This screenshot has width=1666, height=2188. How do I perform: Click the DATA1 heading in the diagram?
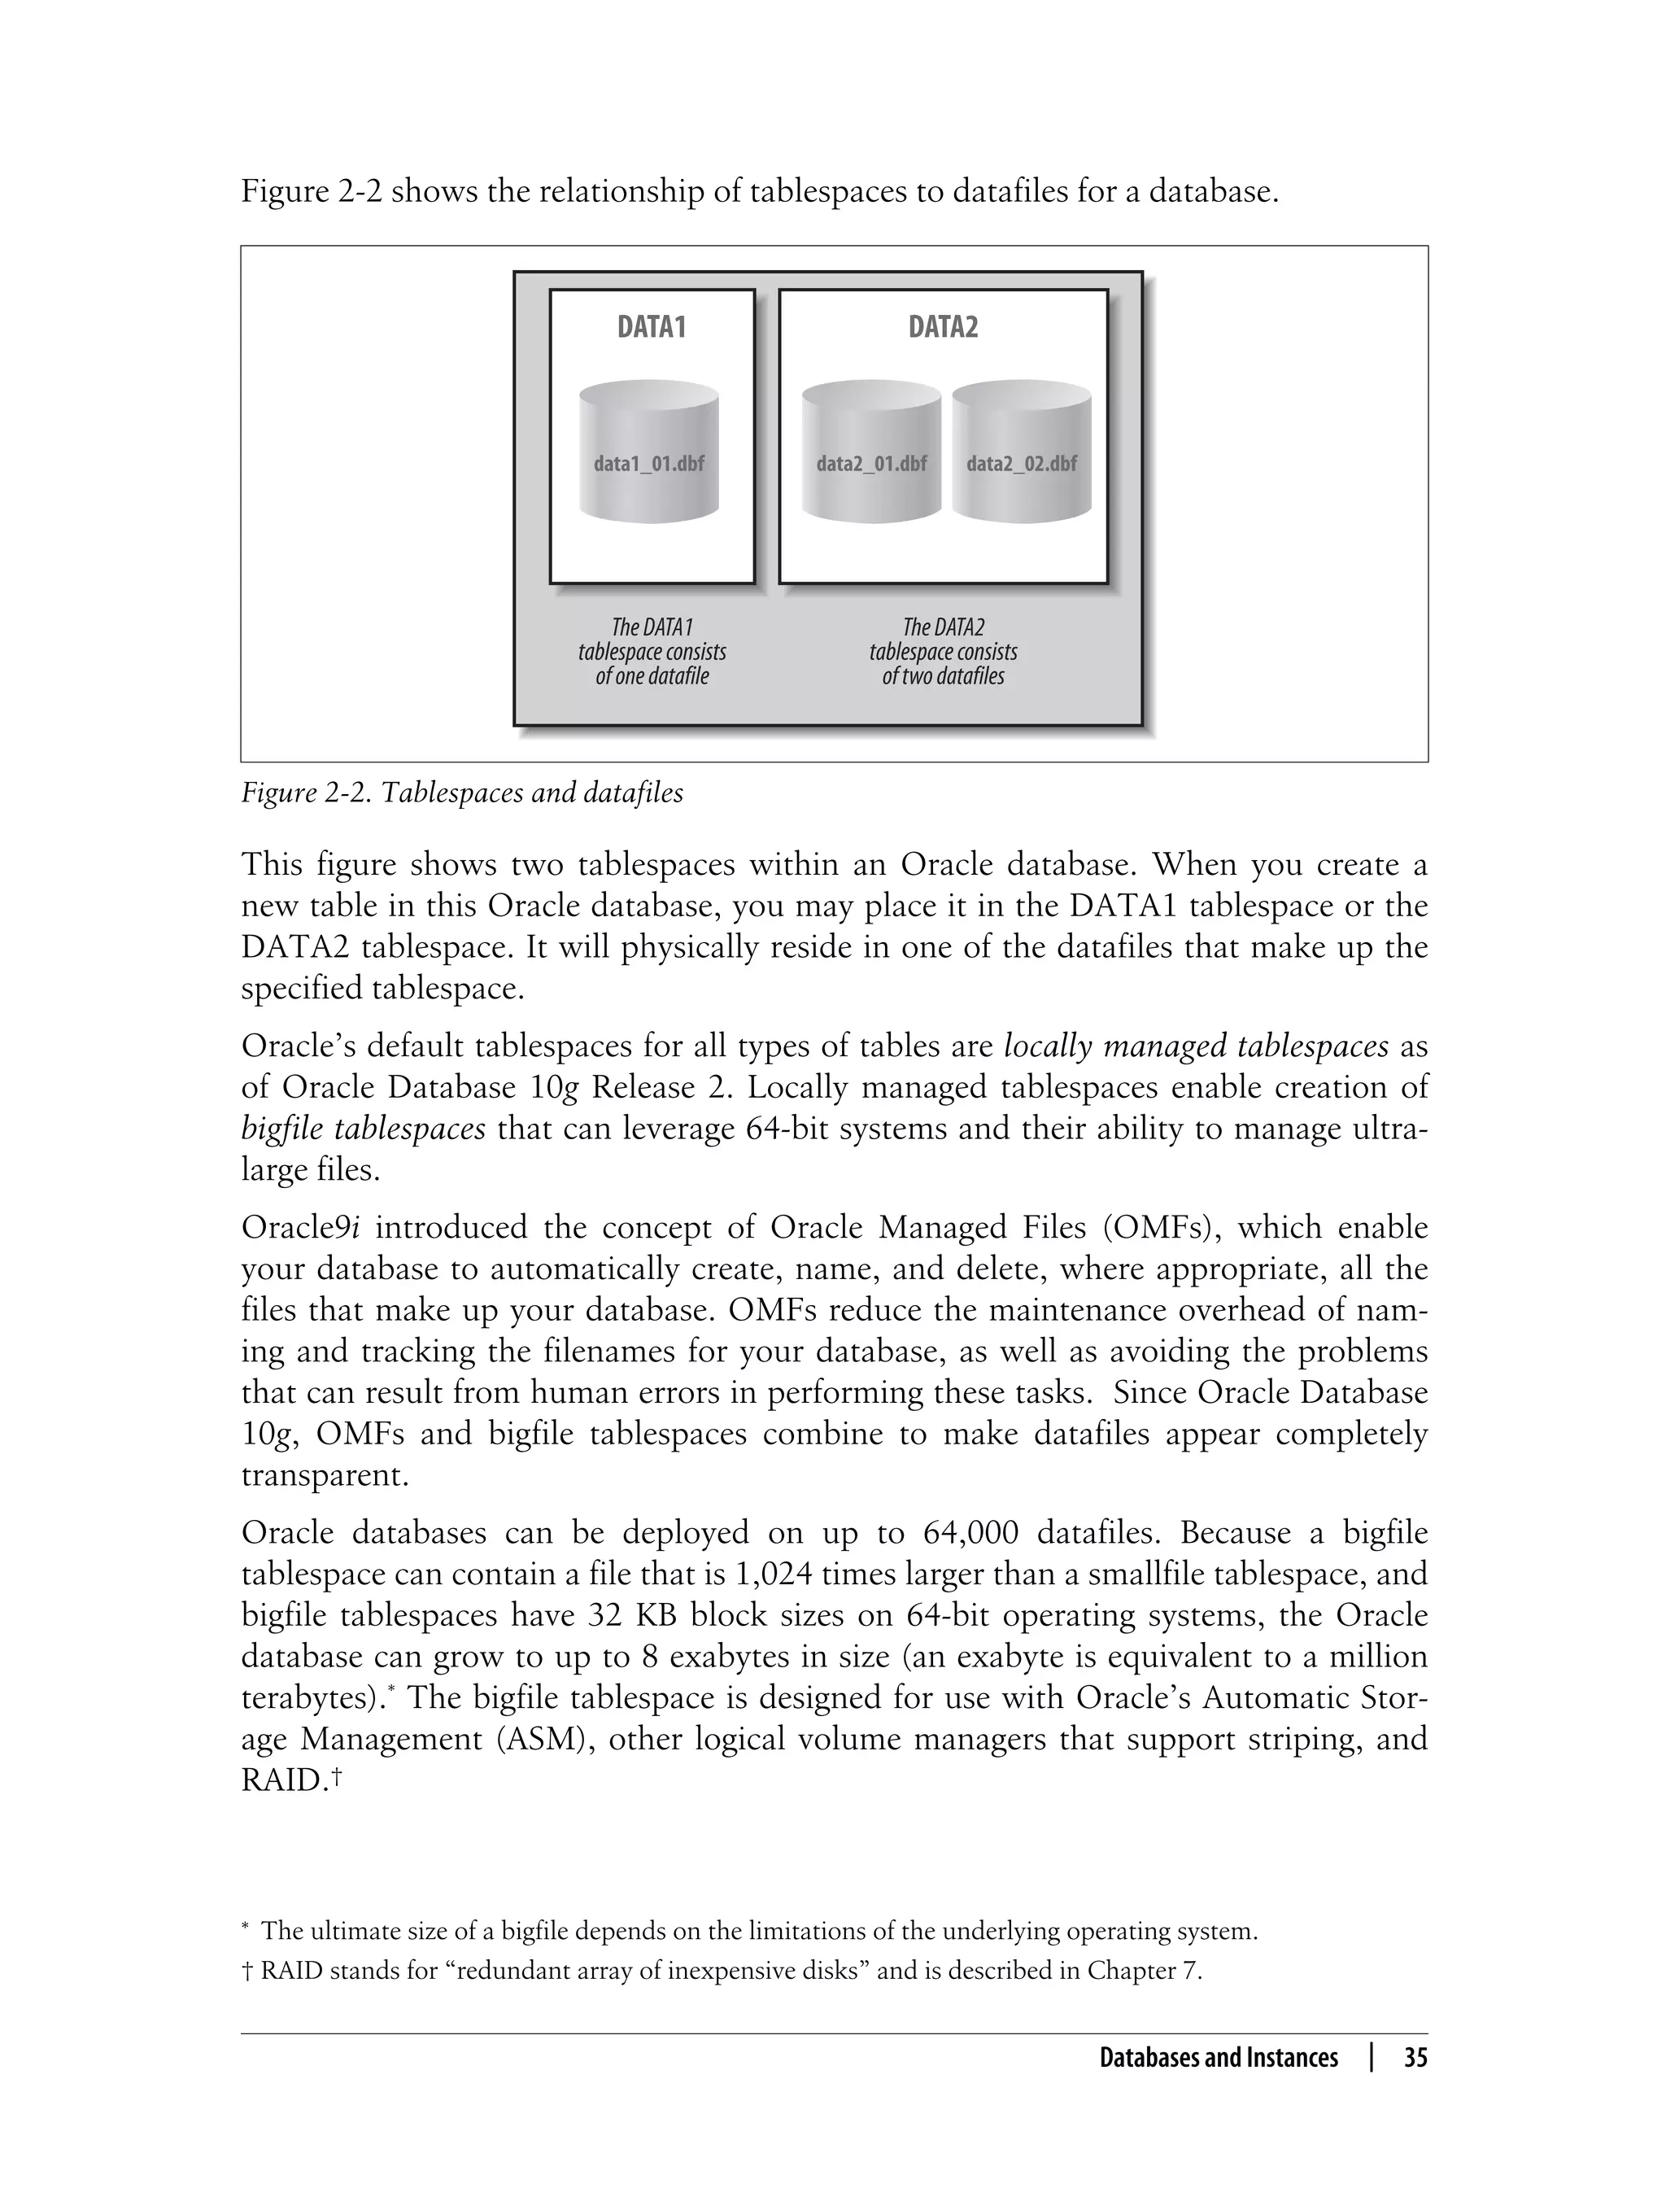tap(652, 327)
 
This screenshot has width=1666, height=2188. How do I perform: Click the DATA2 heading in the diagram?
tap(943, 327)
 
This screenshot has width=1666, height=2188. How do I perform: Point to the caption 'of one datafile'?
tap(652, 676)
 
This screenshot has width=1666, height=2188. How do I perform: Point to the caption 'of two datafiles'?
tap(943, 676)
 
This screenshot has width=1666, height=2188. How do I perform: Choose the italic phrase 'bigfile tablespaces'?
tap(363, 1129)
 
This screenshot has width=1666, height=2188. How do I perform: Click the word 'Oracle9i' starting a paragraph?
tap(299, 1228)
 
